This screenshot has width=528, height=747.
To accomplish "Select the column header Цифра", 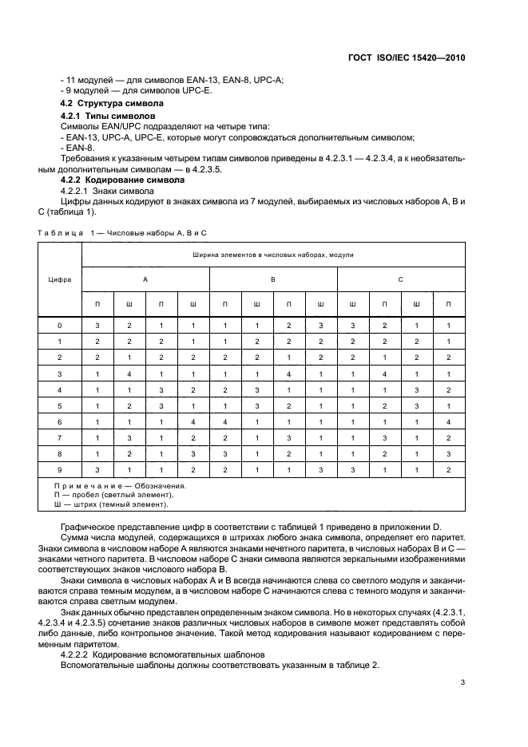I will tap(59, 279).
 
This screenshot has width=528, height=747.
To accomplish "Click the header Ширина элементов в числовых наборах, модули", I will tap(273, 255).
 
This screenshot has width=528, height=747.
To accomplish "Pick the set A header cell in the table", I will tap(145, 279).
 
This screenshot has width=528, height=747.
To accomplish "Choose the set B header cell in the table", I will tap(273, 279).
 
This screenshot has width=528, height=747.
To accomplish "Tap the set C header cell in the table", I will tap(401, 279).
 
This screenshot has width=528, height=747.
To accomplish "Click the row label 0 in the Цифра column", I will tap(59, 326).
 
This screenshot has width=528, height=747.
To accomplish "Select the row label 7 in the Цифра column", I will tap(59, 438).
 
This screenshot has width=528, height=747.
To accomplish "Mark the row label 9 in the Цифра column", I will tap(59, 470).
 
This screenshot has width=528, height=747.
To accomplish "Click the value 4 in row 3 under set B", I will tap(289, 374).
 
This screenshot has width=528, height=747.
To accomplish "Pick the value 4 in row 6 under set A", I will tap(193, 422).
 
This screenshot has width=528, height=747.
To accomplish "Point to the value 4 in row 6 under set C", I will tap(449, 422).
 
